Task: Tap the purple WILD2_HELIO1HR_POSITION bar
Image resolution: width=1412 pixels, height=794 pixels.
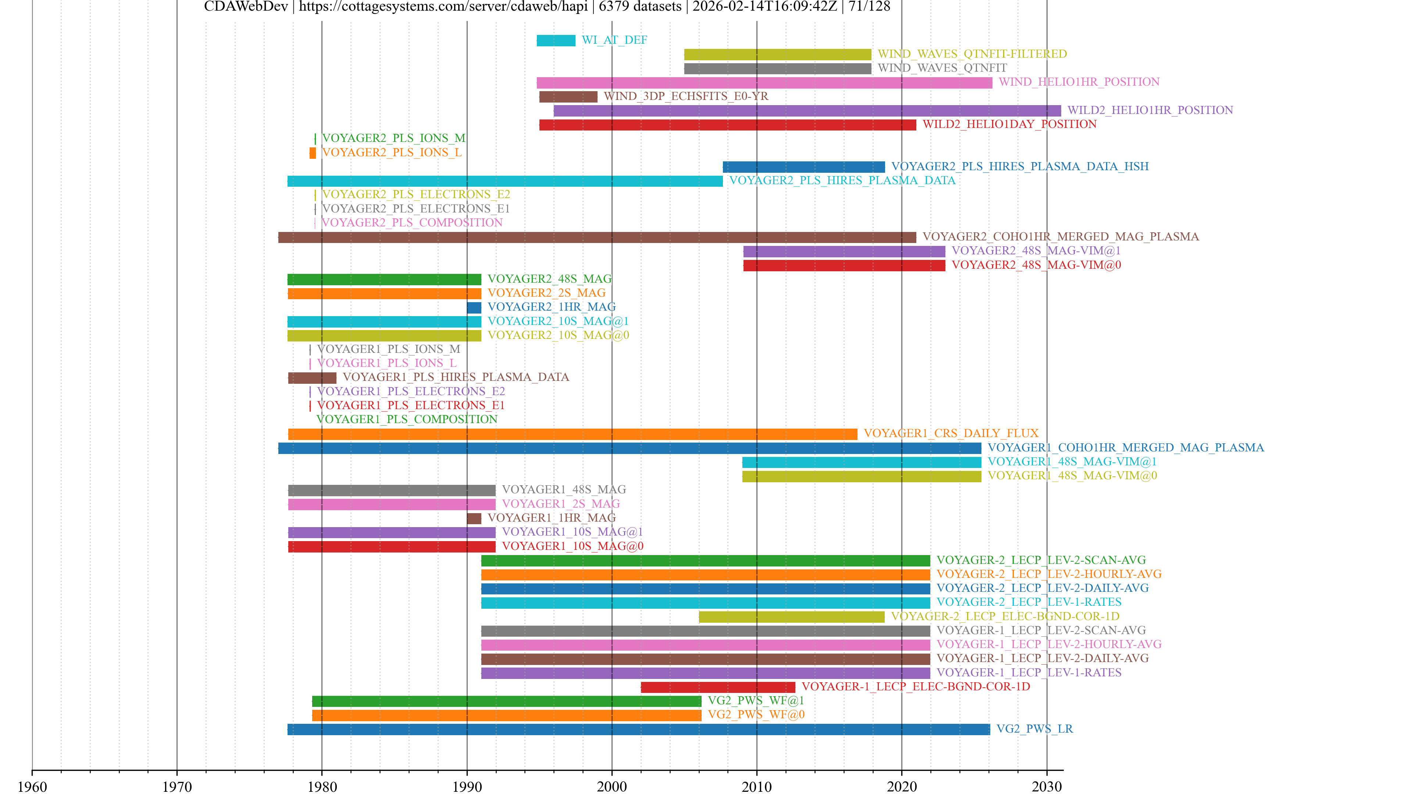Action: [x=806, y=111]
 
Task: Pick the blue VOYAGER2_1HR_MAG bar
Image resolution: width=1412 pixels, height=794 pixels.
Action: [x=474, y=307]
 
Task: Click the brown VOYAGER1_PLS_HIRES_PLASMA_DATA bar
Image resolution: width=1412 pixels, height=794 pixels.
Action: [x=312, y=378]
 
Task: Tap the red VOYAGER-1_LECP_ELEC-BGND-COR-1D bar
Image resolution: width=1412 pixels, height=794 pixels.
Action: [x=717, y=687]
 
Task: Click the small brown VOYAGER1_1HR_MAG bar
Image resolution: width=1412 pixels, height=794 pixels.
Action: [x=474, y=518]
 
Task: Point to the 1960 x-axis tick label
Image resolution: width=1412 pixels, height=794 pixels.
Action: [x=32, y=786]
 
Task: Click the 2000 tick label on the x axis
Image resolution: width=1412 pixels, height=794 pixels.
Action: [x=612, y=786]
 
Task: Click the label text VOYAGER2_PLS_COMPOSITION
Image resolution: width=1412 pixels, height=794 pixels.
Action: [x=412, y=222]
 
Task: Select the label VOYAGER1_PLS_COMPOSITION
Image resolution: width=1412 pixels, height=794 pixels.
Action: [x=407, y=419]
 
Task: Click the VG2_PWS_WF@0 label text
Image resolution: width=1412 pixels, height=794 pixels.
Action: [x=756, y=715]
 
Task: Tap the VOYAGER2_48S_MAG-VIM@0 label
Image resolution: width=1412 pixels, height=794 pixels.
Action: [x=1035, y=265]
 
